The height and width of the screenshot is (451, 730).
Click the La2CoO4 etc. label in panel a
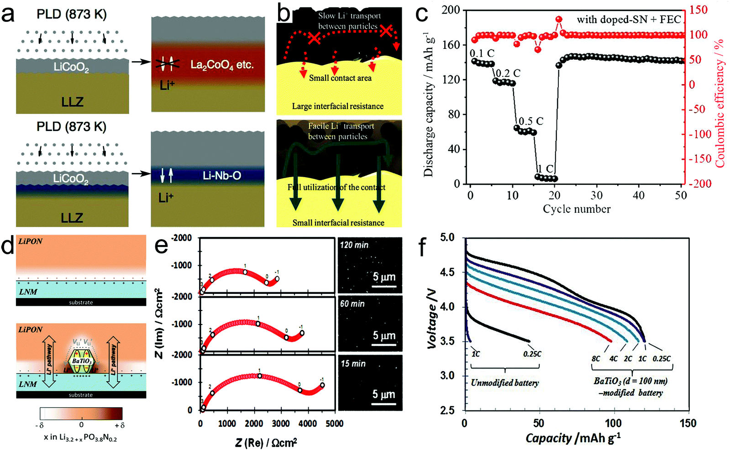pos(221,64)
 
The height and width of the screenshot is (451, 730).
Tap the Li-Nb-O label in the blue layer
pos(222,176)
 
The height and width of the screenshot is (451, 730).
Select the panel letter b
pos(284,14)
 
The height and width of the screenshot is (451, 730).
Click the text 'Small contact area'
pos(340,78)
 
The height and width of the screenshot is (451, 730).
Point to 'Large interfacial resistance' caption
pos(338,106)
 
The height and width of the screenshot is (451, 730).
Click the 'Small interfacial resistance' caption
pos(338,223)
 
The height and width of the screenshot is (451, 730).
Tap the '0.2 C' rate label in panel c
pos(508,73)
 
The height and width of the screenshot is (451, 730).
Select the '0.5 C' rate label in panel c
pos(531,121)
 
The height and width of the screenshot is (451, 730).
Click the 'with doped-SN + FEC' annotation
pos(629,20)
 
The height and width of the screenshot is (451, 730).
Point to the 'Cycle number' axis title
pos(577,209)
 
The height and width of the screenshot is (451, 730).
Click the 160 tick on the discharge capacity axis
pos(451,45)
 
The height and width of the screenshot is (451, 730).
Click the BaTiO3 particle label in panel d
pos(82,361)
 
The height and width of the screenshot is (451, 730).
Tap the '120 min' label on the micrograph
pos(354,245)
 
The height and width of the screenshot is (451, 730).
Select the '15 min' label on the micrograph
pos(353,364)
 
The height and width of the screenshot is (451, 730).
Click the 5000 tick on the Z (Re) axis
pos(334,424)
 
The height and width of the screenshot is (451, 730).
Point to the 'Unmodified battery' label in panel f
pos(504,383)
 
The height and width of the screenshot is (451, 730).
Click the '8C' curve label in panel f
pos(596,359)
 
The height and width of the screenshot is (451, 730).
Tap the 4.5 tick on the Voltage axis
pos(447,273)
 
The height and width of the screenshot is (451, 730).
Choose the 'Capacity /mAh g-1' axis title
pos(573,438)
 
